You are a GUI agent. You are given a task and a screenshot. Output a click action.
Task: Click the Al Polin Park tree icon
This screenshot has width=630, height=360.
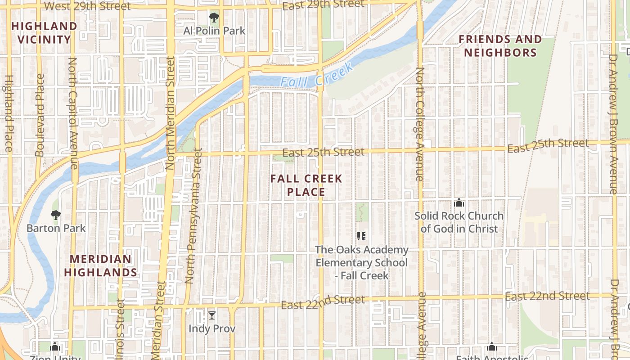tap(214, 18)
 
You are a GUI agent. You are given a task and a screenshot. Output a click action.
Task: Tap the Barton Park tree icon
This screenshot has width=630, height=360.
tap(56, 215)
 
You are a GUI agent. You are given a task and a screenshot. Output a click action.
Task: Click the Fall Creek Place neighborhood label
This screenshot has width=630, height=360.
tap(306, 185)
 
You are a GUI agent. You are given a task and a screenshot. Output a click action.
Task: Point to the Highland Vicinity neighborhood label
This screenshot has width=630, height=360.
tap(45, 33)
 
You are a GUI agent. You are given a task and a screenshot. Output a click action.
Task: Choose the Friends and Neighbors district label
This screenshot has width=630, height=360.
tap(500, 46)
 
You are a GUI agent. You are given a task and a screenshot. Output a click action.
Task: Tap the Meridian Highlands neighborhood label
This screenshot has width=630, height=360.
tap(101, 265)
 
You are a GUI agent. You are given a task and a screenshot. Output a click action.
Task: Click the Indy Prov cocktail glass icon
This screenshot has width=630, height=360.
tap(212, 315)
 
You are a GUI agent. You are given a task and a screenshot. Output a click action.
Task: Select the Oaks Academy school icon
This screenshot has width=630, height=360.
tap(361, 236)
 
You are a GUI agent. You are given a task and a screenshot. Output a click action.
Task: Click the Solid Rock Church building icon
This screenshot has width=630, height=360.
tap(459, 202)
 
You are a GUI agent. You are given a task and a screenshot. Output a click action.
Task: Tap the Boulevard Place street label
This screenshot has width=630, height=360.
tap(40, 115)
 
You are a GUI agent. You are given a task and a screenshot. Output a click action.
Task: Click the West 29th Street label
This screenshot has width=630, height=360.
tap(88, 6)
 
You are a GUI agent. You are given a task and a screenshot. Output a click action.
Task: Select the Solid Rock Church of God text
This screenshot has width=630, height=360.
tap(459, 222)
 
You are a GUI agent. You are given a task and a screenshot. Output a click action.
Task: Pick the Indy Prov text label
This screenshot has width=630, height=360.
tap(212, 328)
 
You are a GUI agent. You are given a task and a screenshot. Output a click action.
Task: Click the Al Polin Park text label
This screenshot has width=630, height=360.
tap(214, 31)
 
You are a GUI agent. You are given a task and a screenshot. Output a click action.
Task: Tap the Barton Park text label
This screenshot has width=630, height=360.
tap(56, 228)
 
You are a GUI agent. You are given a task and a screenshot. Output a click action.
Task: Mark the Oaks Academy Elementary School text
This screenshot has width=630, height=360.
tap(362, 262)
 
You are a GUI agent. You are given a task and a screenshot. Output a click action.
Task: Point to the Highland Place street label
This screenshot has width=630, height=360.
tap(8, 112)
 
